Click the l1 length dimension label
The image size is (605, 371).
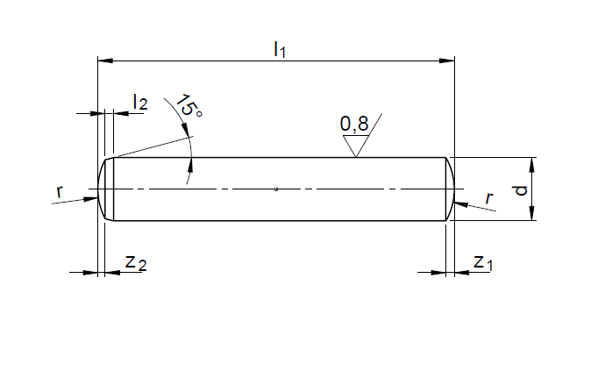click(x=280, y=50)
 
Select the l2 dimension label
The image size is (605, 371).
click(x=140, y=102)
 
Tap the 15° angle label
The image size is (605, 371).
click(x=189, y=105)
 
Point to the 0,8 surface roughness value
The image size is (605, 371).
click(x=354, y=124)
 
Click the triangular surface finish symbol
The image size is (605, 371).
click(x=356, y=145)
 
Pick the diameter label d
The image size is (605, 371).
click(x=521, y=190)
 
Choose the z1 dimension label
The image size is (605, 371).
click(x=483, y=263)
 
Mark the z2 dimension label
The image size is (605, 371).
click(x=136, y=263)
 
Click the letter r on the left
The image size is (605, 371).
click(x=59, y=192)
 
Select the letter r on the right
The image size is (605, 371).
click(x=489, y=198)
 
